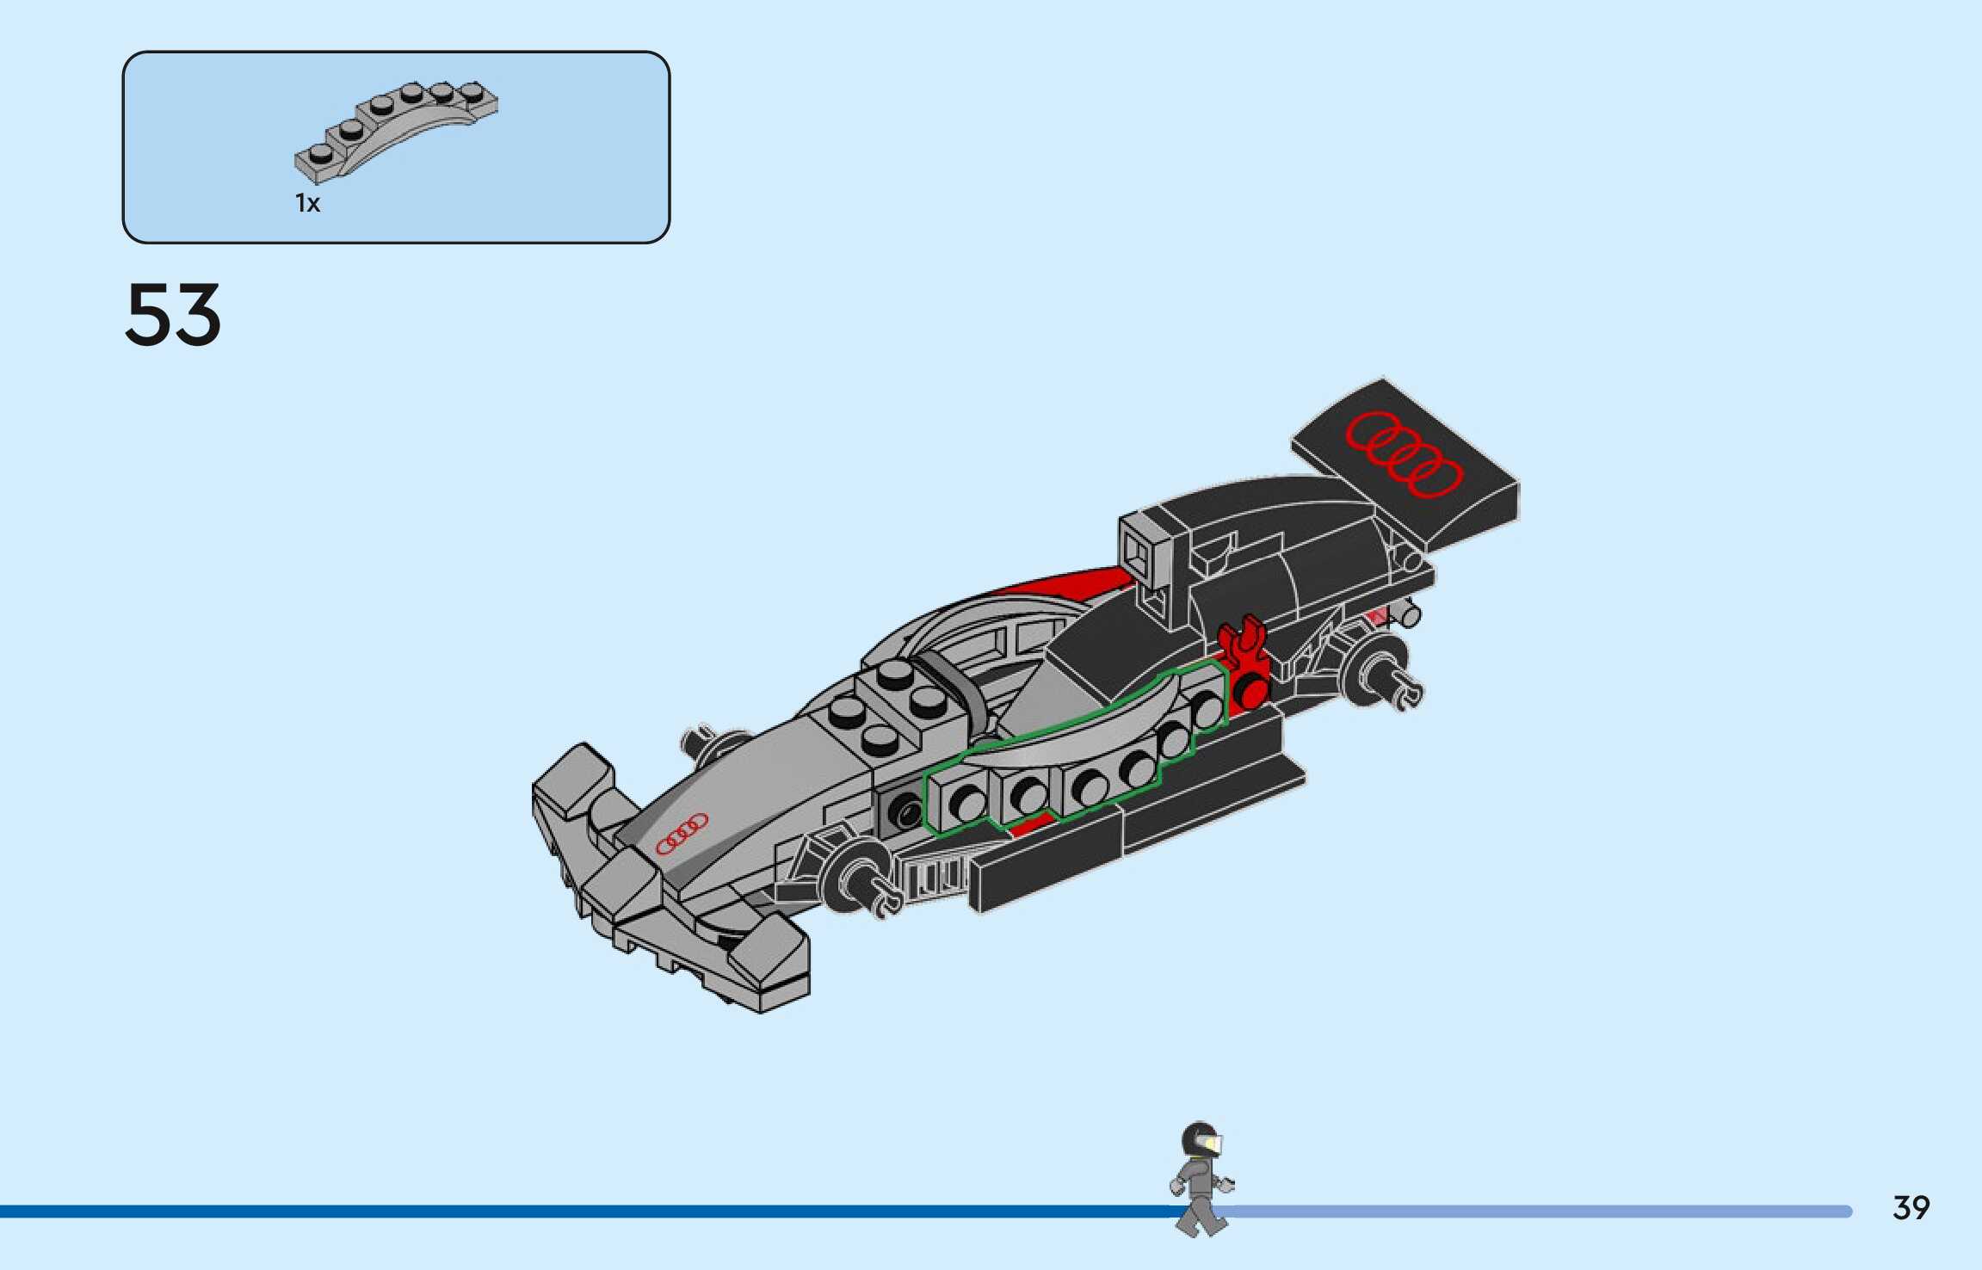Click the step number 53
[173, 315]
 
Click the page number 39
[1911, 1207]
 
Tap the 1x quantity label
[307, 203]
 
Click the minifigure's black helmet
[1198, 1138]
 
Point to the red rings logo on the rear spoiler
[1404, 453]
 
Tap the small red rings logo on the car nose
[682, 833]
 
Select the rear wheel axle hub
[1377, 672]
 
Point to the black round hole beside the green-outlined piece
[904, 811]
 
